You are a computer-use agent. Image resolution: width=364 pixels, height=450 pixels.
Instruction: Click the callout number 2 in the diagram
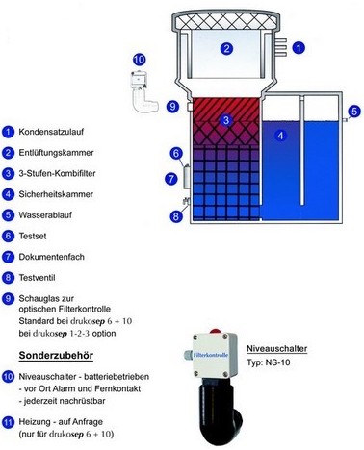227,47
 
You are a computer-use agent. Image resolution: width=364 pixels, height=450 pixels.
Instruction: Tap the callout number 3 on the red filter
225,120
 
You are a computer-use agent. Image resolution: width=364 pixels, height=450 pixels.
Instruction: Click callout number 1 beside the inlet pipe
299,46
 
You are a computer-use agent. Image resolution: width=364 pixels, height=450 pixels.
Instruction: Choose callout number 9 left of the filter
173,106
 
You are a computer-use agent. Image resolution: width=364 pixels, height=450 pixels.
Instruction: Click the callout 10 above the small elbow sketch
140,60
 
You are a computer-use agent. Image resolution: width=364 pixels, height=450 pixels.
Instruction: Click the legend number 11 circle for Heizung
9,420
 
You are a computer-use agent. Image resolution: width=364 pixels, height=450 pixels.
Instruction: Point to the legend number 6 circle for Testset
9,236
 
